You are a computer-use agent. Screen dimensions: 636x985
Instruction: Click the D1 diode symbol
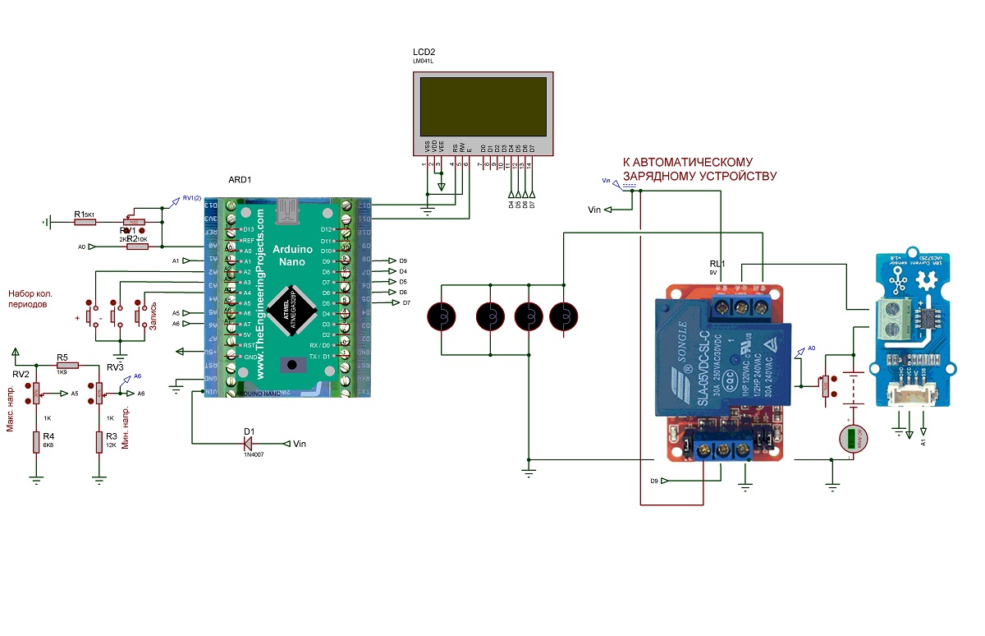click(250, 444)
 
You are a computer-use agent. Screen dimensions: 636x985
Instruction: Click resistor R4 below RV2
click(36, 442)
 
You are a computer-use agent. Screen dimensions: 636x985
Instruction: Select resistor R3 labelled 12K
click(98, 442)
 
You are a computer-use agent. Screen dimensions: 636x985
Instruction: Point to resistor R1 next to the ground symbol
click(85, 222)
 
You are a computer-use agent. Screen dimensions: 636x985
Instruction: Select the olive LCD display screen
click(482, 107)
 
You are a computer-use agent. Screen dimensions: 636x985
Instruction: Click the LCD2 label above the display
click(424, 52)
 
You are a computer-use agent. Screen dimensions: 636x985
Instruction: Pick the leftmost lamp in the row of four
click(442, 316)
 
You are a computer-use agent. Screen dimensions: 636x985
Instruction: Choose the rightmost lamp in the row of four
click(564, 316)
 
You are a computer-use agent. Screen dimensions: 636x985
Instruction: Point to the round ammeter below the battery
click(854, 438)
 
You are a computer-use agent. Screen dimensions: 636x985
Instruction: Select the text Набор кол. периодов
click(34, 298)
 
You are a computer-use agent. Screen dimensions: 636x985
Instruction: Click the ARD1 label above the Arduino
click(239, 180)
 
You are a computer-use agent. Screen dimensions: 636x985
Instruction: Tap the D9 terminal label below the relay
click(654, 480)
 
